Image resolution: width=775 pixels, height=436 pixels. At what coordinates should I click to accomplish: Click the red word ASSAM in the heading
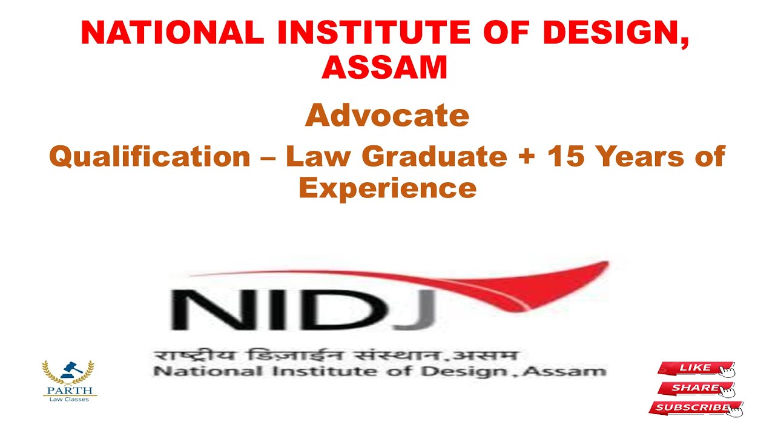click(384, 68)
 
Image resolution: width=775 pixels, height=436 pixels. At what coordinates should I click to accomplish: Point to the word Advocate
click(387, 115)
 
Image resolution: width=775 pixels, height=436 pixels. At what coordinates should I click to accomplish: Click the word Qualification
click(149, 157)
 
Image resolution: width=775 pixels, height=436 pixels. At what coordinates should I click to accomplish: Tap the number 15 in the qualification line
click(564, 157)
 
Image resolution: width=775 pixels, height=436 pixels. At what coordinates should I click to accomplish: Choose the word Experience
click(387, 188)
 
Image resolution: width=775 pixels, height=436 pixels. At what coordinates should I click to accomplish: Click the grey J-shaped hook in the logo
click(420, 315)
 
